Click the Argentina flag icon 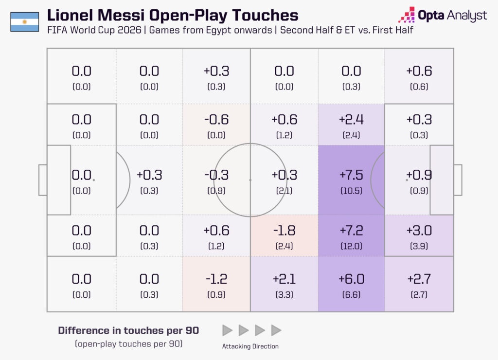pos(25,22)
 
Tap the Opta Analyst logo pos(443,15)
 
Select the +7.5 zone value pos(351,175)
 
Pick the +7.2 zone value pos(351,231)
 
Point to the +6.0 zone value pos(351,279)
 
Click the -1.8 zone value pos(284,231)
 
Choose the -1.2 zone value pos(216,279)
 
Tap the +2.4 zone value pos(351,120)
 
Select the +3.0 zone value pos(419,231)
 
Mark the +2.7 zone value pos(419,279)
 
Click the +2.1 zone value pos(284,279)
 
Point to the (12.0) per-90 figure pos(351,246)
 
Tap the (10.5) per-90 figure pos(351,191)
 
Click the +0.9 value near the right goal pos(419,175)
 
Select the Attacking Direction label pos(250,346)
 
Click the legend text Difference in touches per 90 pos(128,330)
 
